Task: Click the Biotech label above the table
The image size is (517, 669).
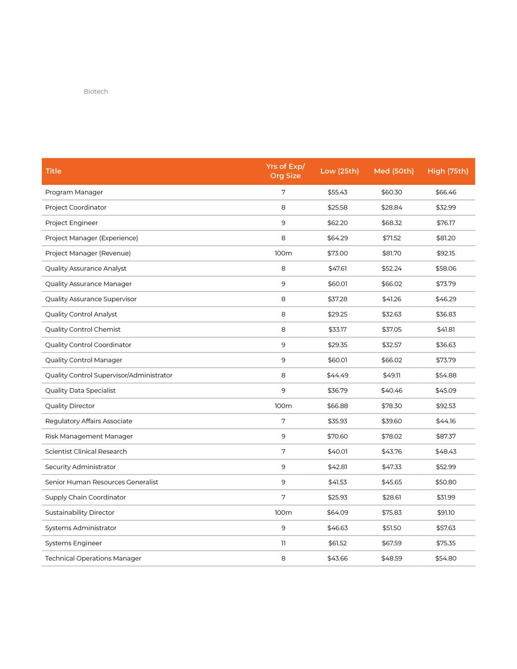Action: tap(96, 92)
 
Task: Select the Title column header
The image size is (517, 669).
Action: tap(54, 171)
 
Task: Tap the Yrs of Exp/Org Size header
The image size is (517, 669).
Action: tap(285, 171)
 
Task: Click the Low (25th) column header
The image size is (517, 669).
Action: tap(339, 171)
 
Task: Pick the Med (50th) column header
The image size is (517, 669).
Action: tap(394, 171)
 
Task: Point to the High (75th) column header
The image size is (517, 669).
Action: tap(448, 171)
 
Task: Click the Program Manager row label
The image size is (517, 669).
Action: tap(74, 192)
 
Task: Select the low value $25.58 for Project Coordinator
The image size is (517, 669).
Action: tap(337, 208)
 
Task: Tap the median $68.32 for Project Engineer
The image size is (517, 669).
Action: tap(391, 223)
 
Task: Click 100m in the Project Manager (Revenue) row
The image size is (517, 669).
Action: tap(283, 253)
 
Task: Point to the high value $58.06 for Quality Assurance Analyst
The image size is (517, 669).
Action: tap(446, 268)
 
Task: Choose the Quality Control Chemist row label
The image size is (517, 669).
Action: tap(83, 330)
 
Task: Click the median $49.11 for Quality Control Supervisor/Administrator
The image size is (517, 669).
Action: tap(391, 375)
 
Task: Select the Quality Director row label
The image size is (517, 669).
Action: tap(70, 406)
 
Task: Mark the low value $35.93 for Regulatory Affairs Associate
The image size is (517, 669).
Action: tap(337, 421)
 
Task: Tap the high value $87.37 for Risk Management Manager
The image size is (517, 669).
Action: tap(446, 436)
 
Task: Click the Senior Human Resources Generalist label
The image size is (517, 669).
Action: tap(101, 482)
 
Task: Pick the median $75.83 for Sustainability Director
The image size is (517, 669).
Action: tap(391, 512)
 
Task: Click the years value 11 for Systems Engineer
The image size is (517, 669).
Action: tap(283, 543)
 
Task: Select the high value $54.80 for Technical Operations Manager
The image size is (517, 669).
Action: tap(446, 558)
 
